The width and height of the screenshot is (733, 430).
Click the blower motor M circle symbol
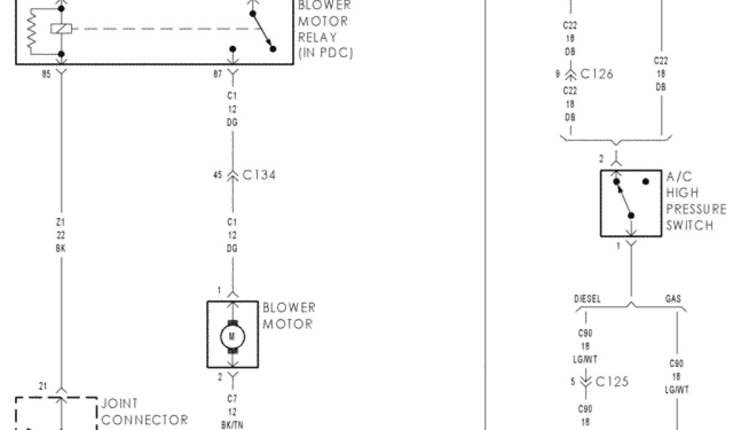pyautogui.click(x=232, y=335)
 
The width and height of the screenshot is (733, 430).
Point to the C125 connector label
pyautogui.click(x=611, y=381)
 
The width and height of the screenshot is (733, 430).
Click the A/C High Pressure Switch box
pyautogui.click(x=631, y=204)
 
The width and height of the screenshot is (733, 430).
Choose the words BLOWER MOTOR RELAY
pyautogui.click(x=324, y=21)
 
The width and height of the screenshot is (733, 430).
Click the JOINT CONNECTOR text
pyautogui.click(x=144, y=412)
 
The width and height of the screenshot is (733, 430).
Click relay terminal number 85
pyautogui.click(x=48, y=74)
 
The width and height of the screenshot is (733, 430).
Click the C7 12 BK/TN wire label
pyautogui.click(x=232, y=411)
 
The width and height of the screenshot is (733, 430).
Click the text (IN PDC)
pyautogui.click(x=325, y=54)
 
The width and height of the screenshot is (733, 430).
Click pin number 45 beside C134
pyautogui.click(x=218, y=175)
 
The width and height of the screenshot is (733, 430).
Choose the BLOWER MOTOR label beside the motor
pyautogui.click(x=288, y=316)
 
